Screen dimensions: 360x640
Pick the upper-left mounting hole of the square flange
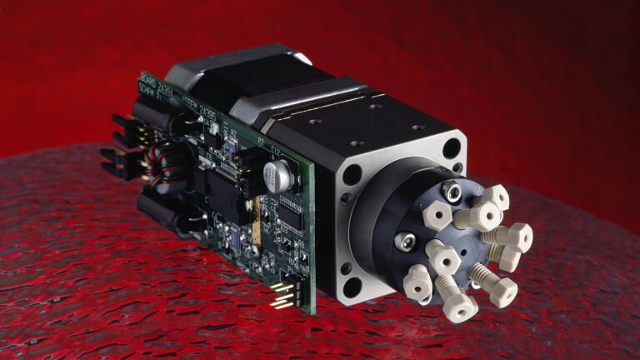351,175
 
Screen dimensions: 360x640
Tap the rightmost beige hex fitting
517,237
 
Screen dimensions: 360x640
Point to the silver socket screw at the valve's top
452,191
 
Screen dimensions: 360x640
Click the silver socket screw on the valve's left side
403,242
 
